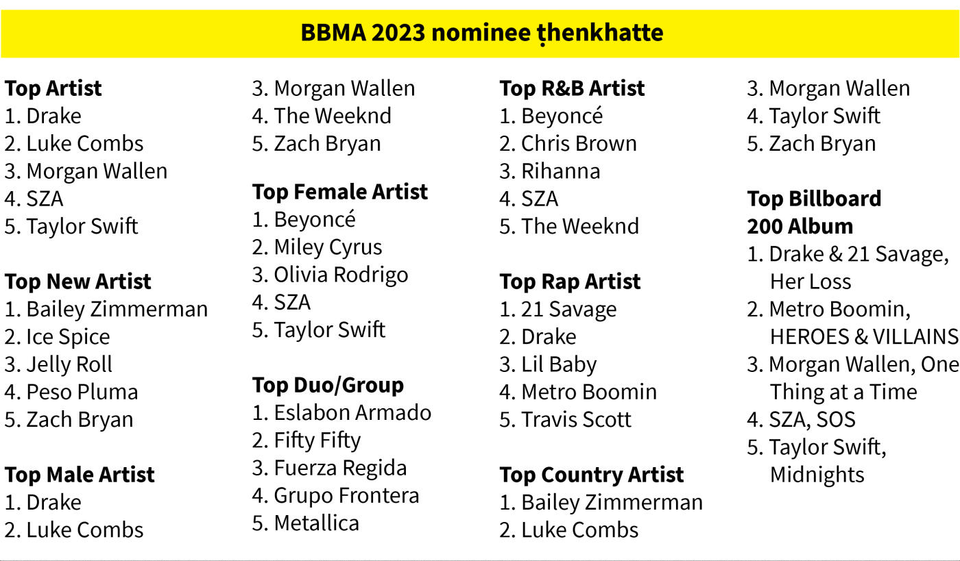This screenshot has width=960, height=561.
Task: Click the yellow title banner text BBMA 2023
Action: point(363,33)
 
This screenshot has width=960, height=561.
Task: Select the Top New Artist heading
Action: point(78,282)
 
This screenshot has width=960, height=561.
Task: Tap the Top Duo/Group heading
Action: point(328,385)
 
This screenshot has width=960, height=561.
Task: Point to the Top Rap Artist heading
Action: point(570,282)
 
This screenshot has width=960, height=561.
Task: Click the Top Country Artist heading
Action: point(591,475)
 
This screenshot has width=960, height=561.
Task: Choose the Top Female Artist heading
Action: point(340,191)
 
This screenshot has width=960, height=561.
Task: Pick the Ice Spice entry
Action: point(68,337)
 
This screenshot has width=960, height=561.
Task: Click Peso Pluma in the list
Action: point(82,392)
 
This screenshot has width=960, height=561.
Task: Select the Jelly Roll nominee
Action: point(69,364)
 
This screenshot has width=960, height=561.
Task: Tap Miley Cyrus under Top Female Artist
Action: point(328,247)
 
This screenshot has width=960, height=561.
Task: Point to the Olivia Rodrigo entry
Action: point(341,275)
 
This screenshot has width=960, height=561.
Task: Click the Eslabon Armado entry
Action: point(352,412)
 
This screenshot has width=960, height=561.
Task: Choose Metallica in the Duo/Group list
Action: point(316,523)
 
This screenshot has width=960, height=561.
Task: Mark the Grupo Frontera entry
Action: point(346,495)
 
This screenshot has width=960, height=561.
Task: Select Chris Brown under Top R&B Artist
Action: point(579,143)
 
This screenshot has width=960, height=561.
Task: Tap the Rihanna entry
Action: point(561,171)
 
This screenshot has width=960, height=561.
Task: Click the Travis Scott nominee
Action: point(576,419)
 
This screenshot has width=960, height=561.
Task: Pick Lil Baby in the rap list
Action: point(559,364)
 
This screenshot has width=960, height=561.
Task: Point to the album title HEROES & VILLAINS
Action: point(864,336)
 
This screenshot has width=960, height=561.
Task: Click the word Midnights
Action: point(817,475)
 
